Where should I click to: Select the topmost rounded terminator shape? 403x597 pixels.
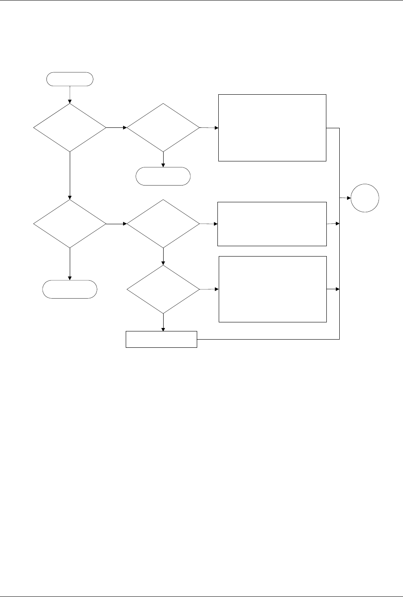click(69, 79)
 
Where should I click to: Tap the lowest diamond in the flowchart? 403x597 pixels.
click(164, 289)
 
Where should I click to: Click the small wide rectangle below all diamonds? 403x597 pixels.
click(161, 339)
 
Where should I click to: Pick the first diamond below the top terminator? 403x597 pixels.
click(69, 128)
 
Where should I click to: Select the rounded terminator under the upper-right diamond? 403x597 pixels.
click(163, 176)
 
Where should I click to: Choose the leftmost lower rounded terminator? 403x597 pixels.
click(69, 289)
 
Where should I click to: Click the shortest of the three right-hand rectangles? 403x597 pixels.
click(272, 224)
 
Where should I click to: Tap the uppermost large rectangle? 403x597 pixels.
click(272, 127)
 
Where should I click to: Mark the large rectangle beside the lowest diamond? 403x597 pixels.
click(273, 289)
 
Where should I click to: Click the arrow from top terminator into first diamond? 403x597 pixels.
click(69, 95)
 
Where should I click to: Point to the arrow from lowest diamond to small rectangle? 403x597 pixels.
click(164, 322)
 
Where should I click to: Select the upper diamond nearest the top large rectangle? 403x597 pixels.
click(164, 128)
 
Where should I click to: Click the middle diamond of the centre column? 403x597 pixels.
click(164, 224)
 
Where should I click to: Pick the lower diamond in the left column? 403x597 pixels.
click(69, 224)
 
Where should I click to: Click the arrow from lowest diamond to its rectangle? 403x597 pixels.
click(209, 289)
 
